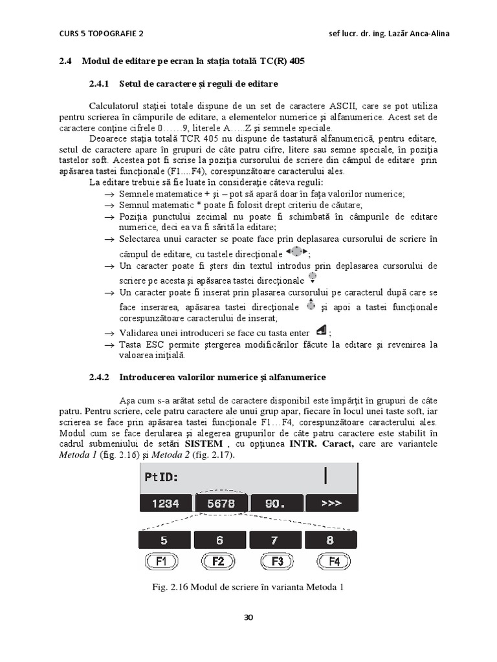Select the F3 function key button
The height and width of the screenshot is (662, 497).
coord(276,561)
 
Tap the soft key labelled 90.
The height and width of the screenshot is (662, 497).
coord(276,503)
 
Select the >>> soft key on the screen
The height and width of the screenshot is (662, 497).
coord(330,503)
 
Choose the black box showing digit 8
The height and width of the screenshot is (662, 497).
coord(330,540)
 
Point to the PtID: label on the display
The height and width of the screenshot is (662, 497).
coord(160,478)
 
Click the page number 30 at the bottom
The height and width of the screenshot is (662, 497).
coord(248,617)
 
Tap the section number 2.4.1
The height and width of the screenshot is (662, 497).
coord(101,84)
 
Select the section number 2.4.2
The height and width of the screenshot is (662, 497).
coord(101,377)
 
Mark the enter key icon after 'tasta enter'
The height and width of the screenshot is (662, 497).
coord(320,331)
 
